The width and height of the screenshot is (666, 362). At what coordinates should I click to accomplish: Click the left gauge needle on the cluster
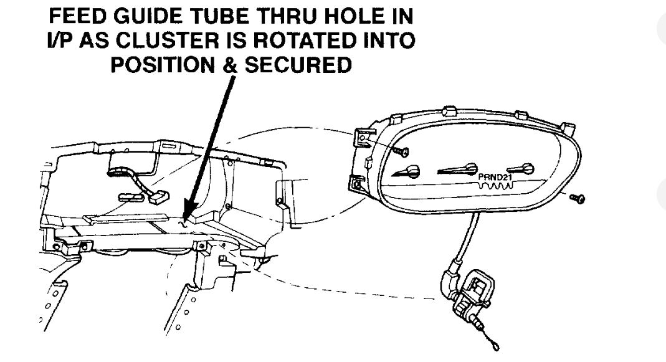[408, 171]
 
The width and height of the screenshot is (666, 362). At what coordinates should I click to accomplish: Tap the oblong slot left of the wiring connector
[128, 197]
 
